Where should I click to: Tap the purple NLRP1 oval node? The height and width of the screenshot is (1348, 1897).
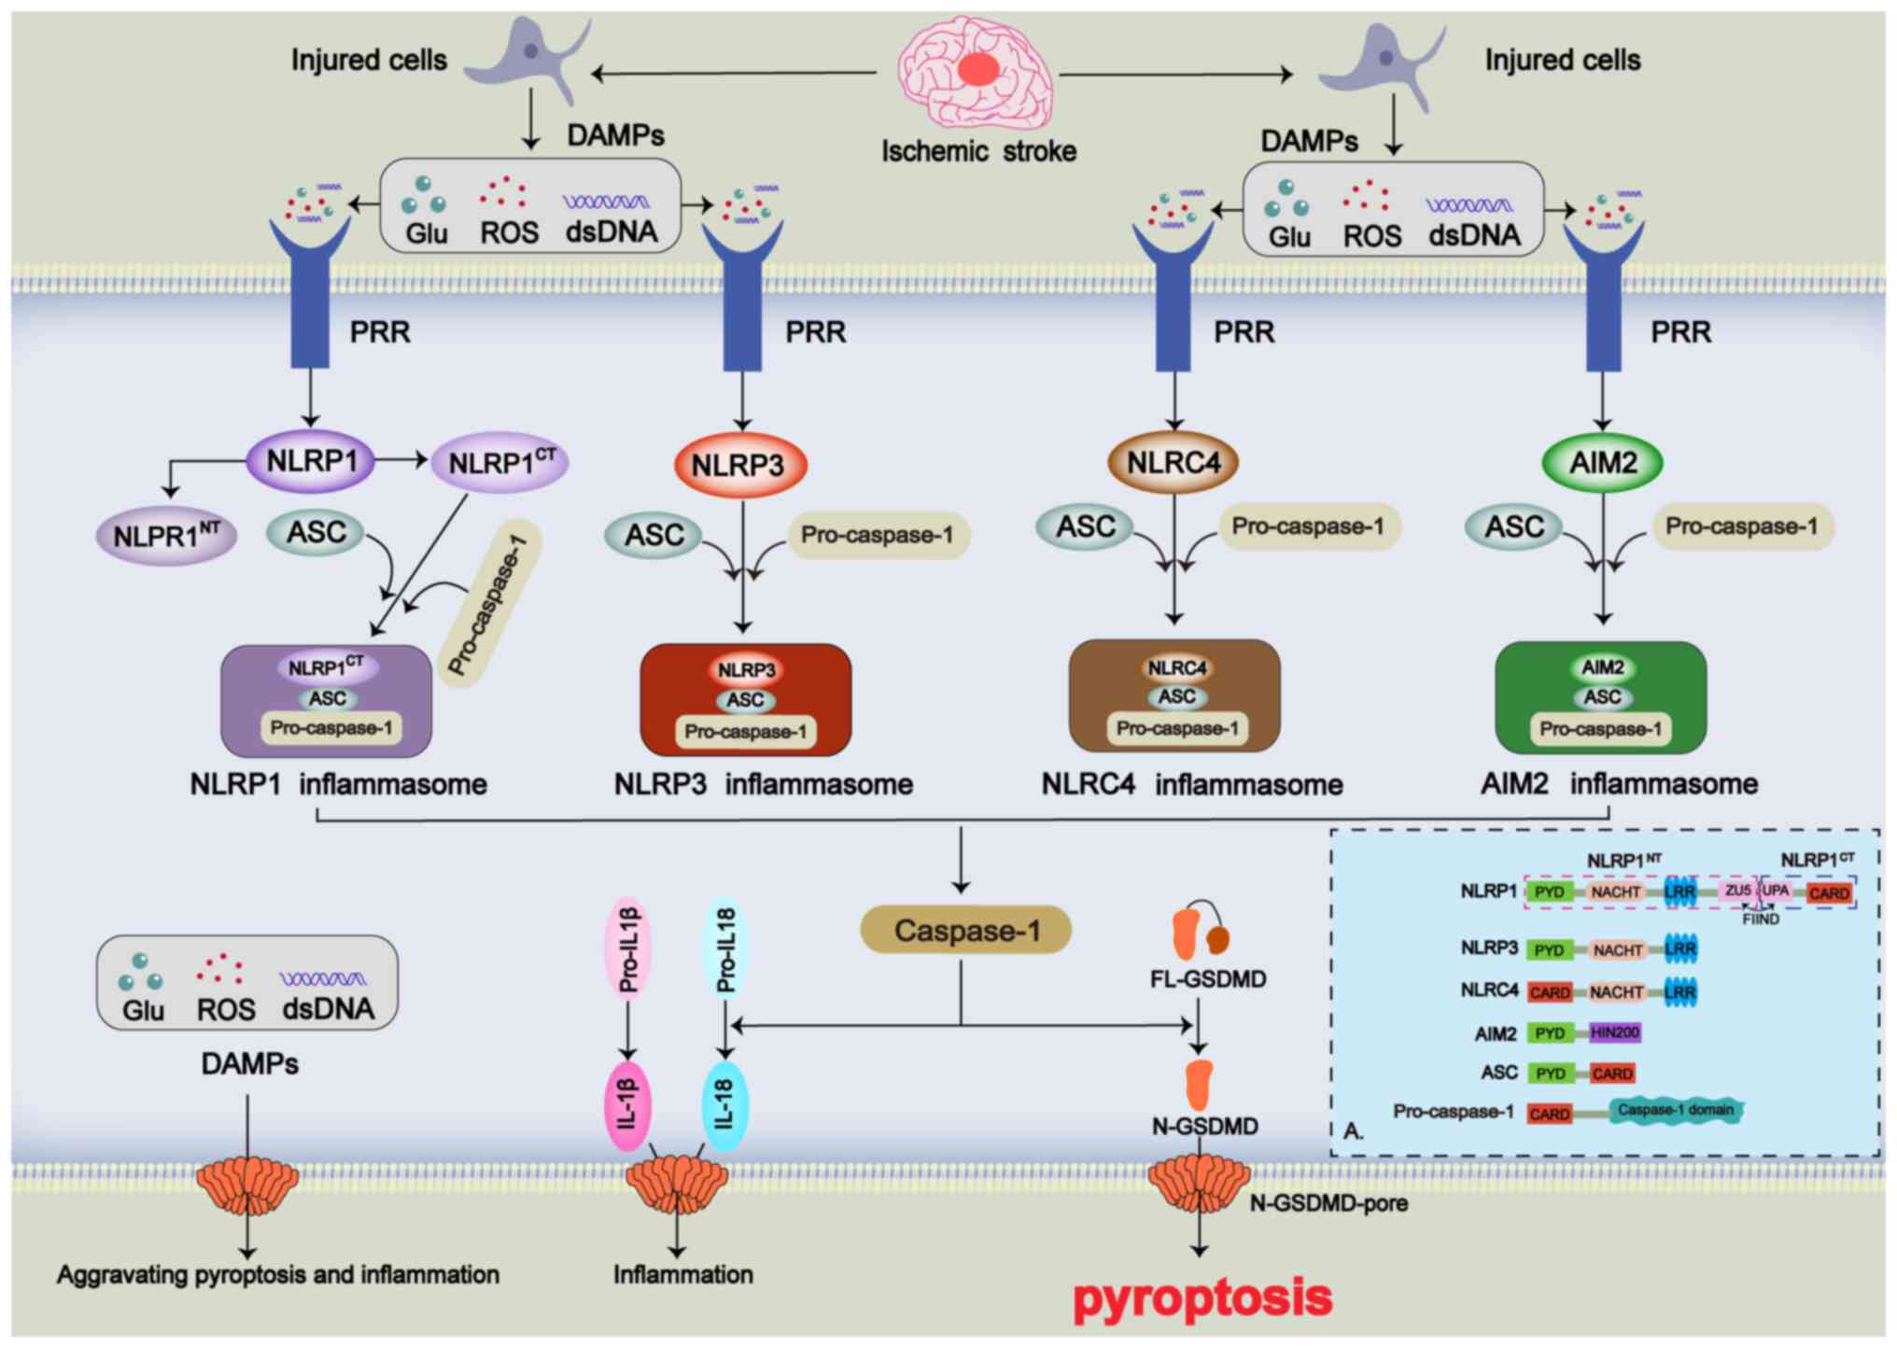pos(311,460)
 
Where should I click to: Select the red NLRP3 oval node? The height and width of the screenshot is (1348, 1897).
pos(739,465)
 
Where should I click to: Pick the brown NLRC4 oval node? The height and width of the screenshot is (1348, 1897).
pos(1173,462)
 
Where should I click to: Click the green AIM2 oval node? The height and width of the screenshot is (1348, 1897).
pos(1602,462)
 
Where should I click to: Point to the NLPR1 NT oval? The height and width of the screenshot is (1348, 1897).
pos(167,536)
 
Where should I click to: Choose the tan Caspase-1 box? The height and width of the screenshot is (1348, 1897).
pos(965,930)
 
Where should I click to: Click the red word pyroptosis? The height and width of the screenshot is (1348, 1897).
pos(1202,1298)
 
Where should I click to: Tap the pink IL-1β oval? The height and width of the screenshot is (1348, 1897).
pos(627,1105)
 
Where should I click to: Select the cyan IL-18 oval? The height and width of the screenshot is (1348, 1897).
pos(724,1105)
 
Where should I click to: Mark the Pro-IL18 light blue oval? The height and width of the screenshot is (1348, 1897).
pos(725,949)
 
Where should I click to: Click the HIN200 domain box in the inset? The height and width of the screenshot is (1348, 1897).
pos(1614,1032)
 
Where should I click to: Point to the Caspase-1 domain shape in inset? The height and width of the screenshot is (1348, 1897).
pos(1676,1110)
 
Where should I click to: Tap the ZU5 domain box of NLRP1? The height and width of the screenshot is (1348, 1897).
pos(1737,892)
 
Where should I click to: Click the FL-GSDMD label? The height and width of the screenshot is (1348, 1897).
pos(1208,979)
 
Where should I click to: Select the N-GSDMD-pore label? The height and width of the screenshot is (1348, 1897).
pos(1328,1203)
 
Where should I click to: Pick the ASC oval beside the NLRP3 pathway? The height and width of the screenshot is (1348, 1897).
pos(653,536)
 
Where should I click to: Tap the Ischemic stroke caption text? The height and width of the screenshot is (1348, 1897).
pos(978,151)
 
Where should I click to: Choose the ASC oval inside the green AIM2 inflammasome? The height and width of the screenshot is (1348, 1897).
pos(1602,697)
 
